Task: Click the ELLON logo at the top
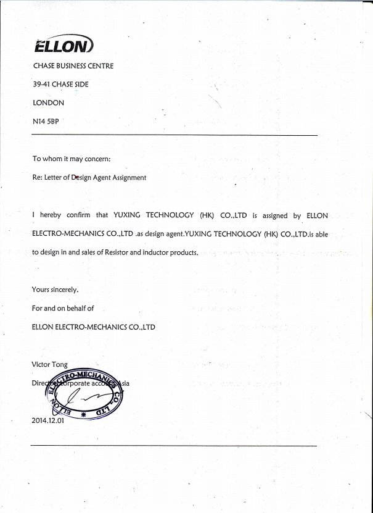click(64, 46)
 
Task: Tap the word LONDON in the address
click(48, 103)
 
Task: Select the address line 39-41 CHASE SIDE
click(60, 85)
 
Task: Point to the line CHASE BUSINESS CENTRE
click(73, 66)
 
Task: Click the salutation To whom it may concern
click(72, 159)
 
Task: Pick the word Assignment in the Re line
click(128, 178)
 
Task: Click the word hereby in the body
click(52, 215)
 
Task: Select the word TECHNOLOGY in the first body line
click(169, 215)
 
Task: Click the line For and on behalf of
click(62, 308)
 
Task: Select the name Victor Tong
click(49, 364)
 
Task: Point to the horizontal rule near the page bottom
click(174, 445)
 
